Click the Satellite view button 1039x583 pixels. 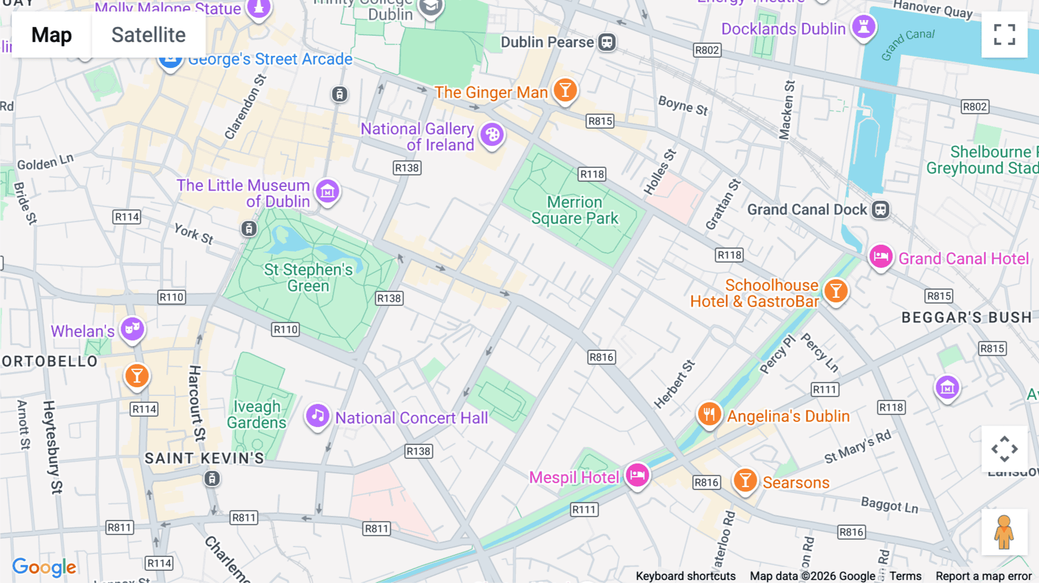[x=148, y=35]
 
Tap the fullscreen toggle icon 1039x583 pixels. [x=1004, y=35]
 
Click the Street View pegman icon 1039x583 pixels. [x=1004, y=532]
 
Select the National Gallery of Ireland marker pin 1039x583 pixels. [x=492, y=136]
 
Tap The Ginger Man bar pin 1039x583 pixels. [x=565, y=91]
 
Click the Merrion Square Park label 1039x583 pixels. [x=574, y=210]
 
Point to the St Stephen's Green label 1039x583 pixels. [x=308, y=278]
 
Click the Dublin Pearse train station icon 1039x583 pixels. [x=607, y=42]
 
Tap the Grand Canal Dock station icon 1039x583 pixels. [x=880, y=210]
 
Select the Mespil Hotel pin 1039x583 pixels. [x=637, y=475]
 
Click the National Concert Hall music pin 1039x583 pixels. [x=317, y=416]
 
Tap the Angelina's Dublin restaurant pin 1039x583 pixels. [x=709, y=414]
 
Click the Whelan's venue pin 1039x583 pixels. [x=132, y=330]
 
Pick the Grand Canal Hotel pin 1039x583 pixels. [x=881, y=257]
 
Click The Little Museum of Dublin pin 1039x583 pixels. [x=327, y=192]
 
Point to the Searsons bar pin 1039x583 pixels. [x=745, y=480]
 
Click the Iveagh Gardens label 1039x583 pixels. [x=256, y=414]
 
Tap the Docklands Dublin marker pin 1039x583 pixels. [x=864, y=27]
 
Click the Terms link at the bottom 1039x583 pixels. [x=905, y=576]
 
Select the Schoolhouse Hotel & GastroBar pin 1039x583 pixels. [x=835, y=291]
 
